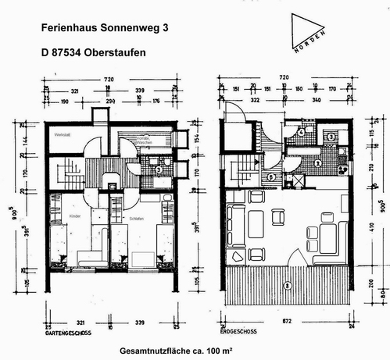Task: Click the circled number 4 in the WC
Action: [x=301, y=133]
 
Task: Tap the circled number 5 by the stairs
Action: [x=270, y=176]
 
